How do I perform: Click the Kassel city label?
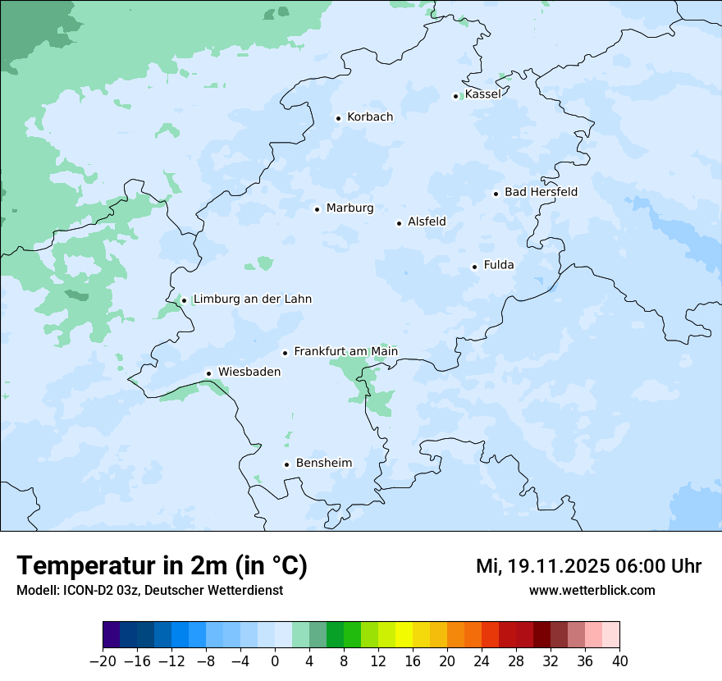482,94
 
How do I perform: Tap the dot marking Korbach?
338,118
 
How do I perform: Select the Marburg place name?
350,208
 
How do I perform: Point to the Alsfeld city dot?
399,223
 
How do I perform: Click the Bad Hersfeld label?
541,192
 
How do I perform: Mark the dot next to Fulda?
474,267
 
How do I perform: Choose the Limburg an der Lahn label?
252,299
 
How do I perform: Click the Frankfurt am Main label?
345,352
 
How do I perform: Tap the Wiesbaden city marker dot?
209,373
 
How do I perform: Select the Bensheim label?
323,464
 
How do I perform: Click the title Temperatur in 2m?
162,566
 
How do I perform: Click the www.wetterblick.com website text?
592,591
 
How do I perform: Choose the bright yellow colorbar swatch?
404,635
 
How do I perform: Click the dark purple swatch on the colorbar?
112,635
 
